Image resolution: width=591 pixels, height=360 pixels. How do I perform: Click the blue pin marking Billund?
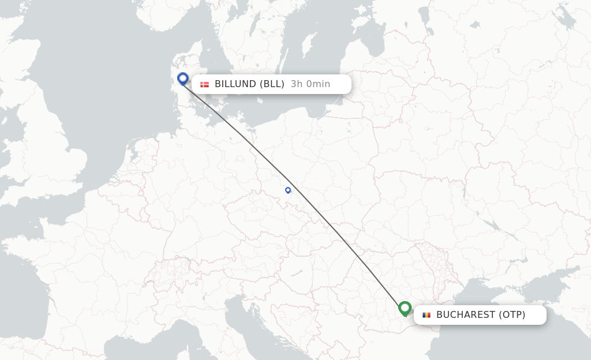(x=183, y=78)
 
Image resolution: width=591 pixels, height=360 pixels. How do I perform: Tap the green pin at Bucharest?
(x=405, y=308)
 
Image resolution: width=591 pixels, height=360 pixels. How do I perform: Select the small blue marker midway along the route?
(x=288, y=190)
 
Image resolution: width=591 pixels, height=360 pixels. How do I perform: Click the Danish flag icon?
(x=204, y=84)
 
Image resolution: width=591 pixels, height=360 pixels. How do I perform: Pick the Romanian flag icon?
(x=427, y=315)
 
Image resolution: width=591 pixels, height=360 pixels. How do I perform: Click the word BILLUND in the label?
(x=235, y=84)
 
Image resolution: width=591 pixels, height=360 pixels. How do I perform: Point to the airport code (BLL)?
(x=272, y=84)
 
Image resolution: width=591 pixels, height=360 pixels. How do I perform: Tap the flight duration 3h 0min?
(x=311, y=84)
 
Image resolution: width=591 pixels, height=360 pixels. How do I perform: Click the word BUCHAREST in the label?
(x=465, y=315)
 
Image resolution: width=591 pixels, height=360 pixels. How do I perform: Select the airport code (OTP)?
(x=513, y=315)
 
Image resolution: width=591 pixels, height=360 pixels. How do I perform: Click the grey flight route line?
(x=335, y=231)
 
